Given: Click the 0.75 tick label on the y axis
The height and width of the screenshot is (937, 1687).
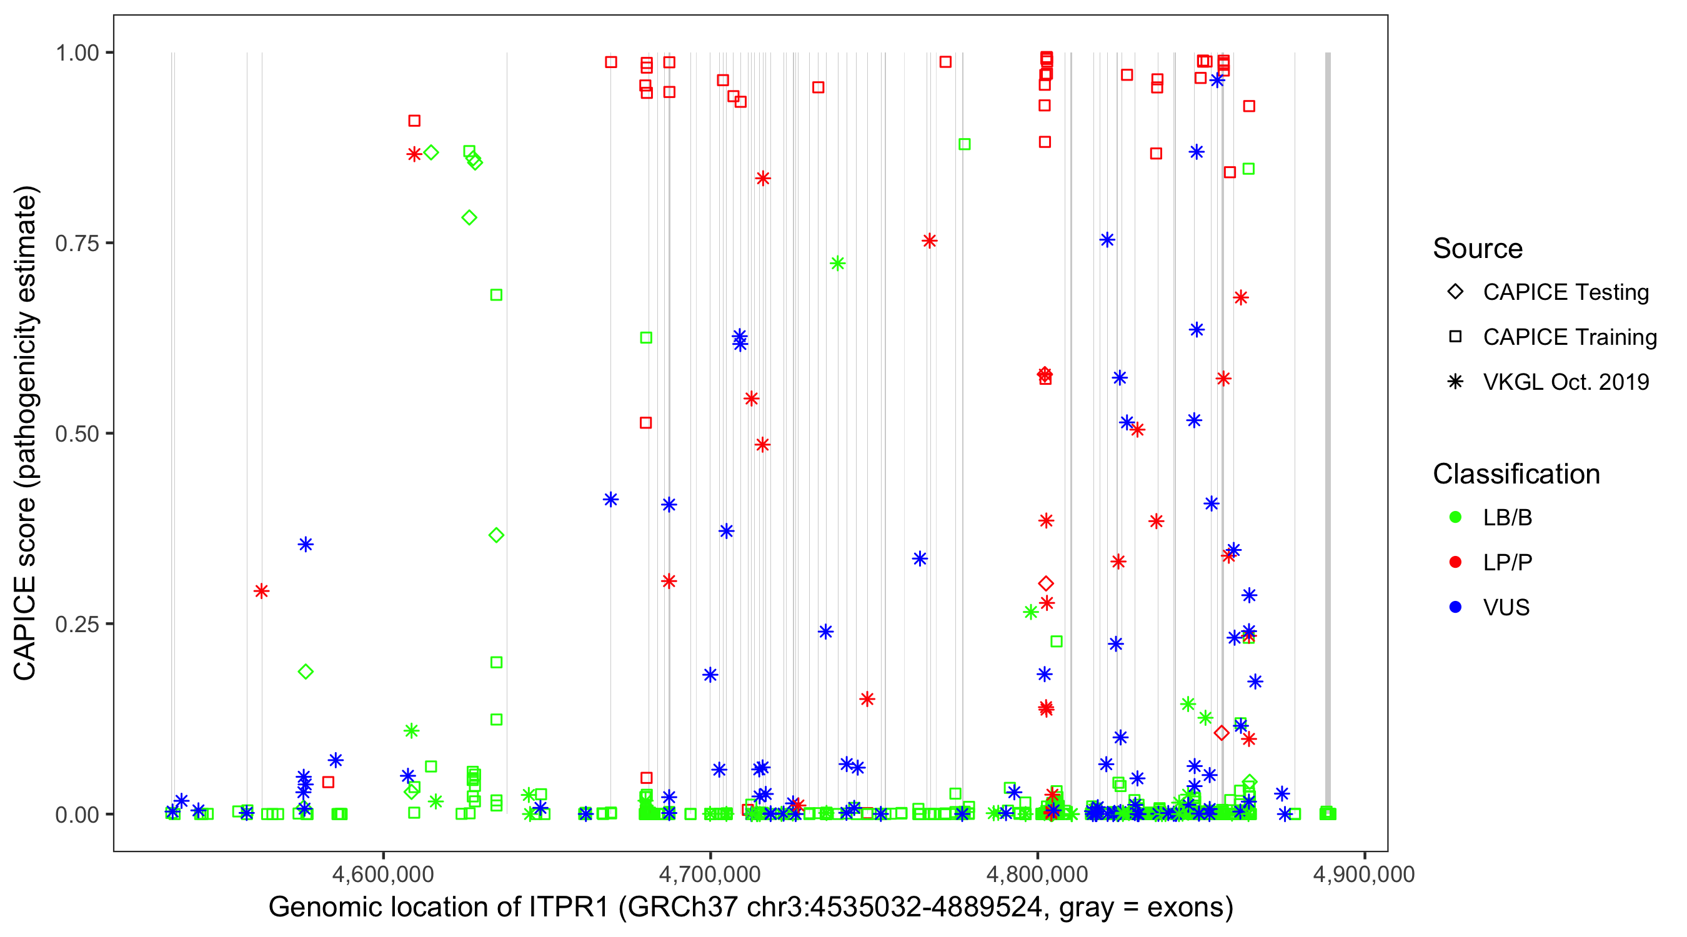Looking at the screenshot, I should [x=77, y=244].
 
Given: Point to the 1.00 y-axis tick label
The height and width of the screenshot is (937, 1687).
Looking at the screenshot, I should [x=77, y=52].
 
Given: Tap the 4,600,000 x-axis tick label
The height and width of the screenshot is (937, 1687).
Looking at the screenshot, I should [x=383, y=874].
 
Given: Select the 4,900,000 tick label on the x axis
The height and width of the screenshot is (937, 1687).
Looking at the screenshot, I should [x=1363, y=874].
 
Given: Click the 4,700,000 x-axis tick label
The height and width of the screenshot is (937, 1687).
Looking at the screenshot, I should [x=710, y=874].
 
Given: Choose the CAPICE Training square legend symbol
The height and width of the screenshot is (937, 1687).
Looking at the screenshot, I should [x=1455, y=337].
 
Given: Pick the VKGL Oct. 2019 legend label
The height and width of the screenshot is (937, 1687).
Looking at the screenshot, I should [x=1566, y=382].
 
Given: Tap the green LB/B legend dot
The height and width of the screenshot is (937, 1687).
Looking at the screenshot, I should [x=1455, y=518].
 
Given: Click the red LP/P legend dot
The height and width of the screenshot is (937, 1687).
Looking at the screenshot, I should [x=1455, y=562].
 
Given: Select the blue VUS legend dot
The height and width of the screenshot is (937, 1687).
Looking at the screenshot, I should [x=1455, y=608].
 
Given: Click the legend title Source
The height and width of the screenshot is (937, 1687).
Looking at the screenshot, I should [x=1478, y=249].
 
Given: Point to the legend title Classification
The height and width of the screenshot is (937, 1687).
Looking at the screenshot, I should [x=1516, y=474].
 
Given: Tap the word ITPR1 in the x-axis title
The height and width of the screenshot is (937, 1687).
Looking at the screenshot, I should [x=569, y=908].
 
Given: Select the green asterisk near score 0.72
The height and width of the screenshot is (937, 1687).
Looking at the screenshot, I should [x=837, y=263].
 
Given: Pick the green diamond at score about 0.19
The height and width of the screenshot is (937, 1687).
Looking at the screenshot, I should [x=305, y=671].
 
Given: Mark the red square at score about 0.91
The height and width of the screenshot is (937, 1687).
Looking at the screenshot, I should [x=414, y=121].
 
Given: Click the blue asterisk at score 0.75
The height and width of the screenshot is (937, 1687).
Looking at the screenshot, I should [x=1107, y=240].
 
